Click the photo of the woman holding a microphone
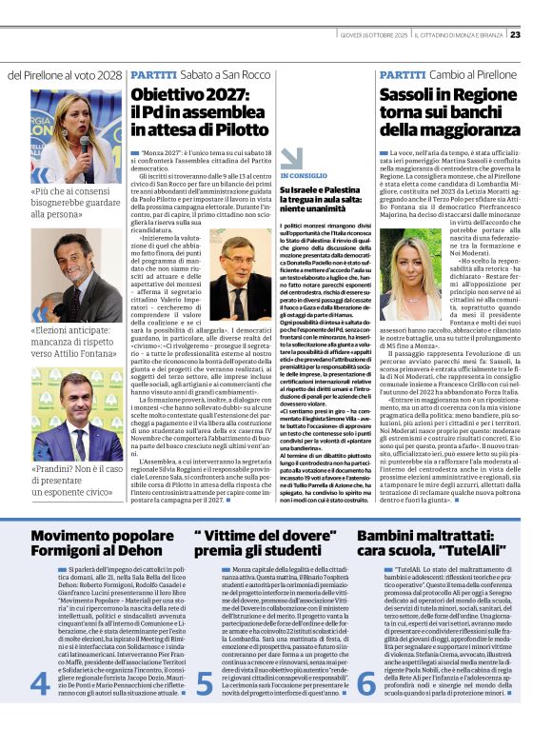pyautogui.click(x=75, y=137)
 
